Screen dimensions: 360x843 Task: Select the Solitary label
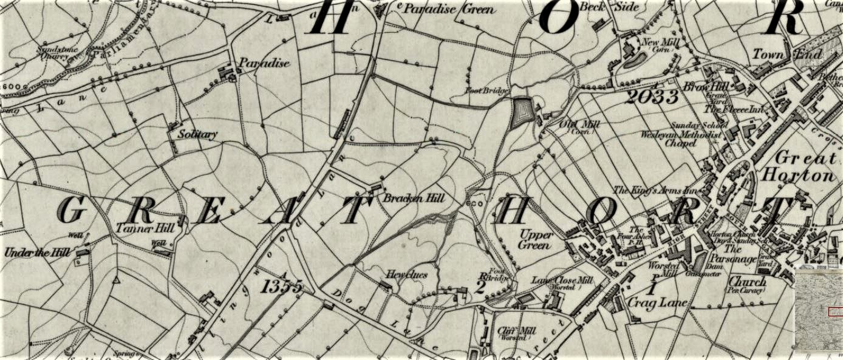[197, 134]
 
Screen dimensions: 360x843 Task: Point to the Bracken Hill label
[414, 199]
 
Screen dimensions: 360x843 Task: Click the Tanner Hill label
[145, 229]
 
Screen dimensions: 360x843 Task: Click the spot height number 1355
[282, 287]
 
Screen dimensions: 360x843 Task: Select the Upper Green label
[536, 240]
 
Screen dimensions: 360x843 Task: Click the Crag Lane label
[657, 302]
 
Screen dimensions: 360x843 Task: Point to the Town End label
[787, 55]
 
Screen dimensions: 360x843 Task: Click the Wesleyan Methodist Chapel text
[683, 139]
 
